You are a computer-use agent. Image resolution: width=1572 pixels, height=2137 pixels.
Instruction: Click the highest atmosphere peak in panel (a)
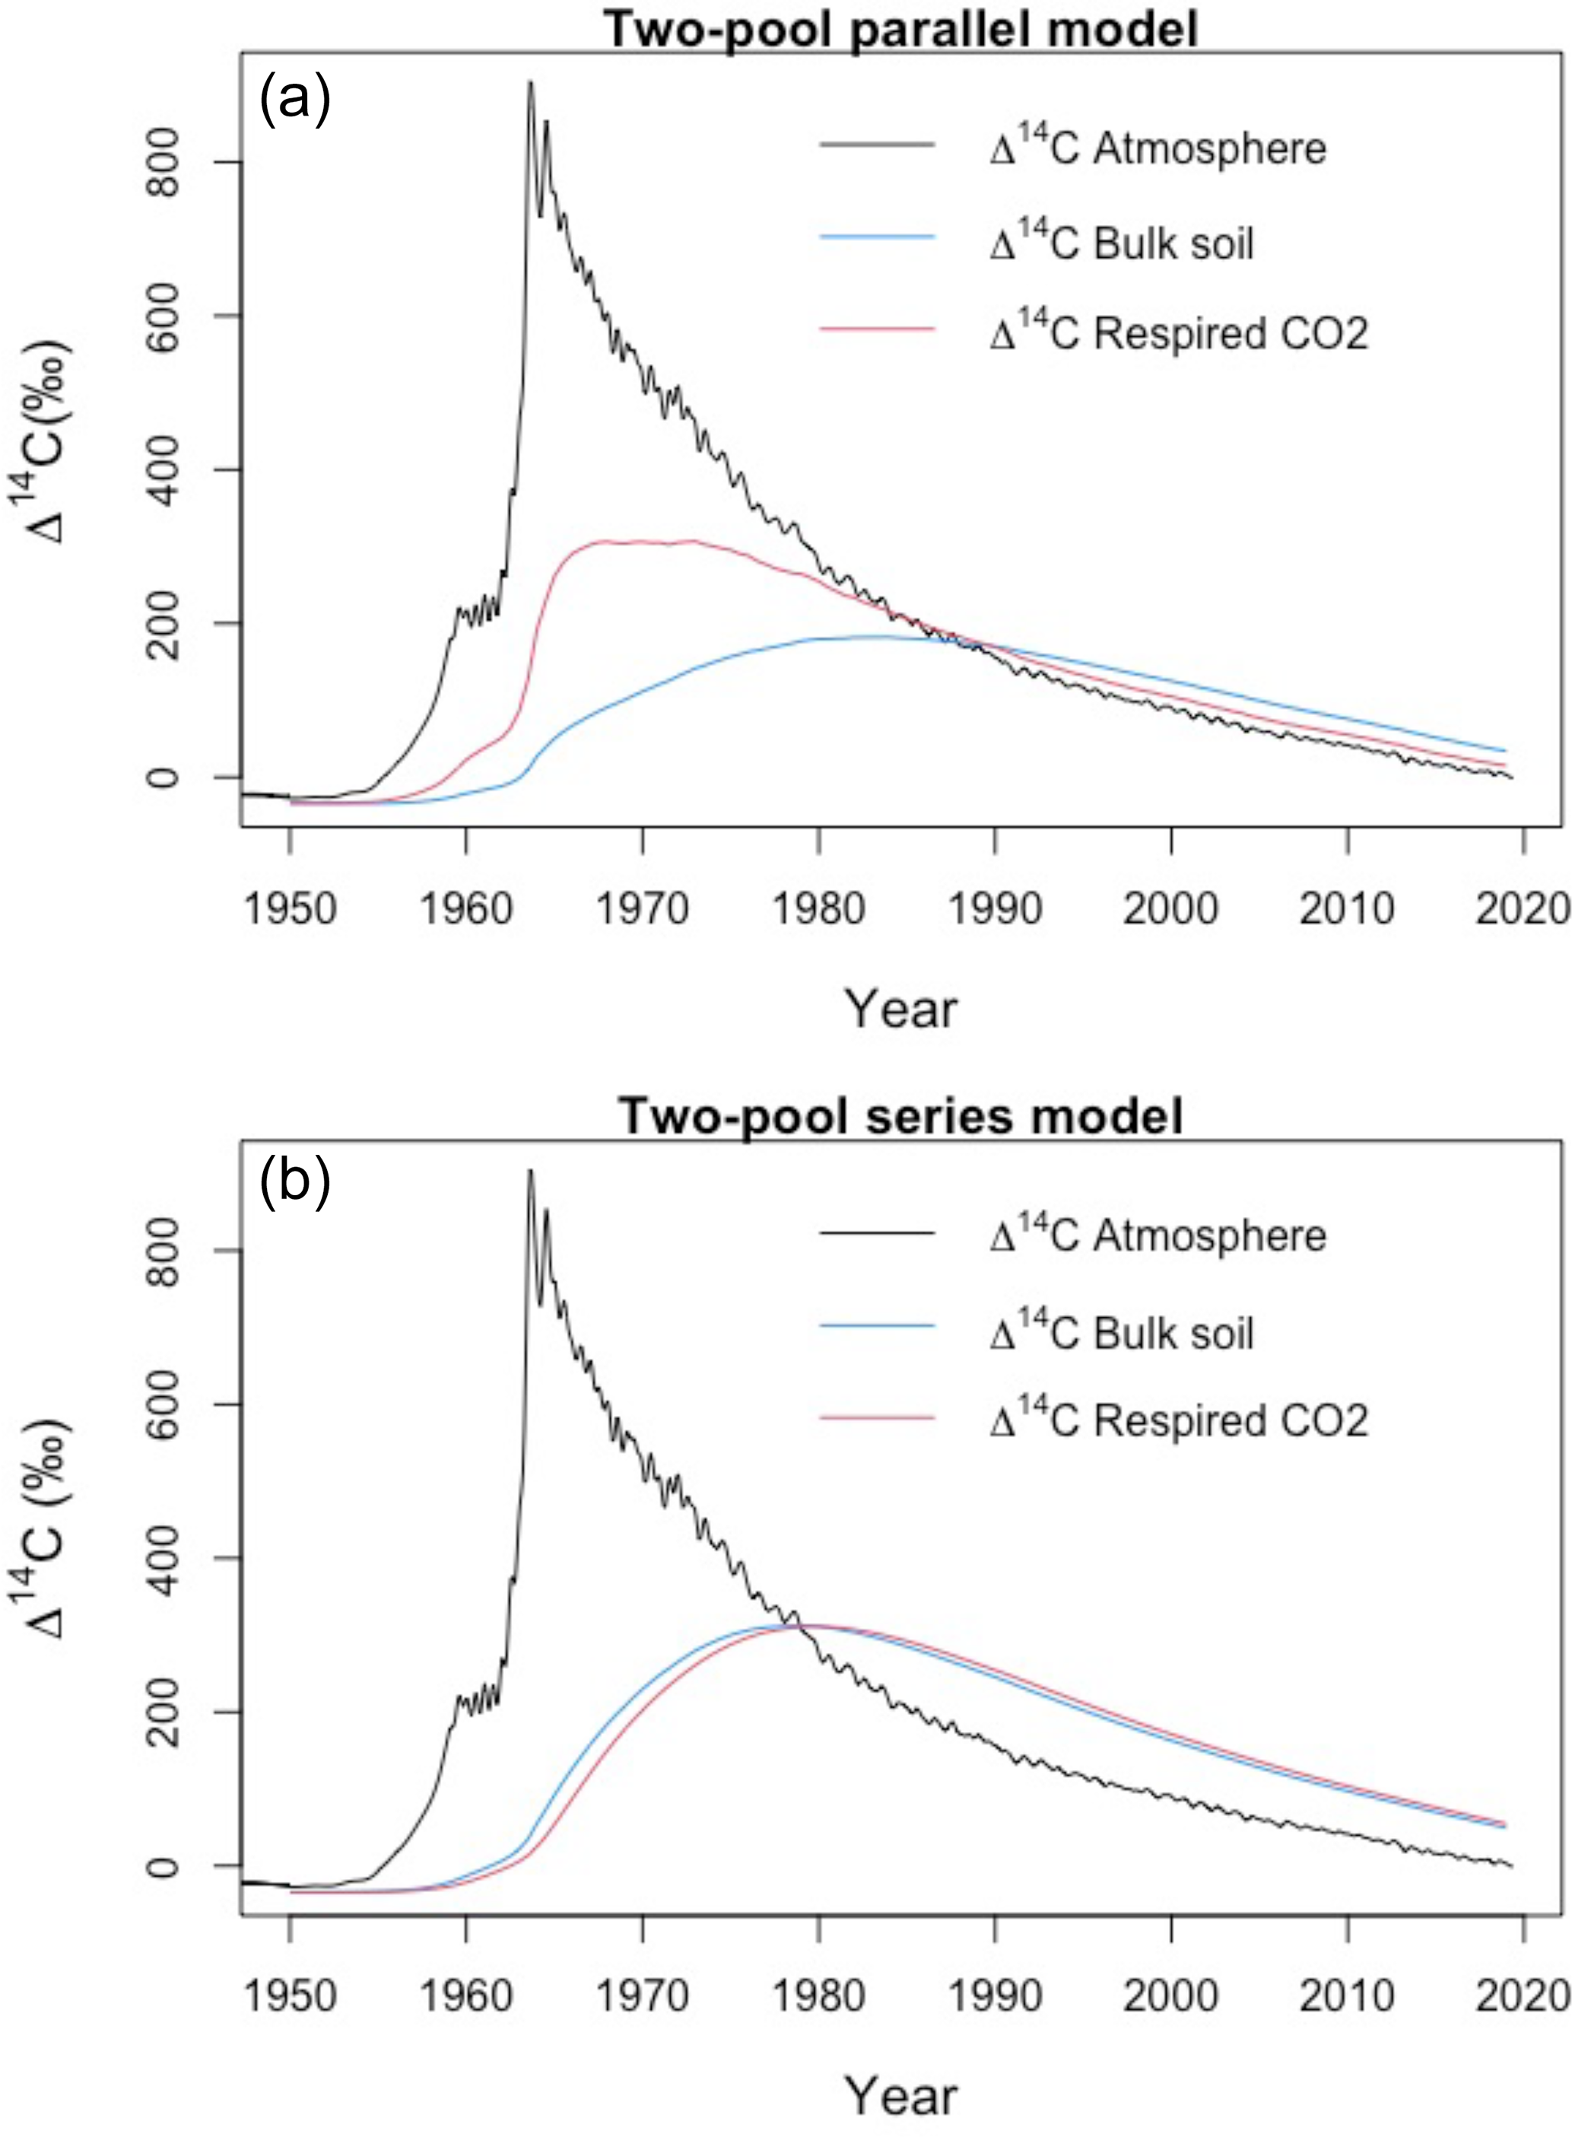coord(531,84)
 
